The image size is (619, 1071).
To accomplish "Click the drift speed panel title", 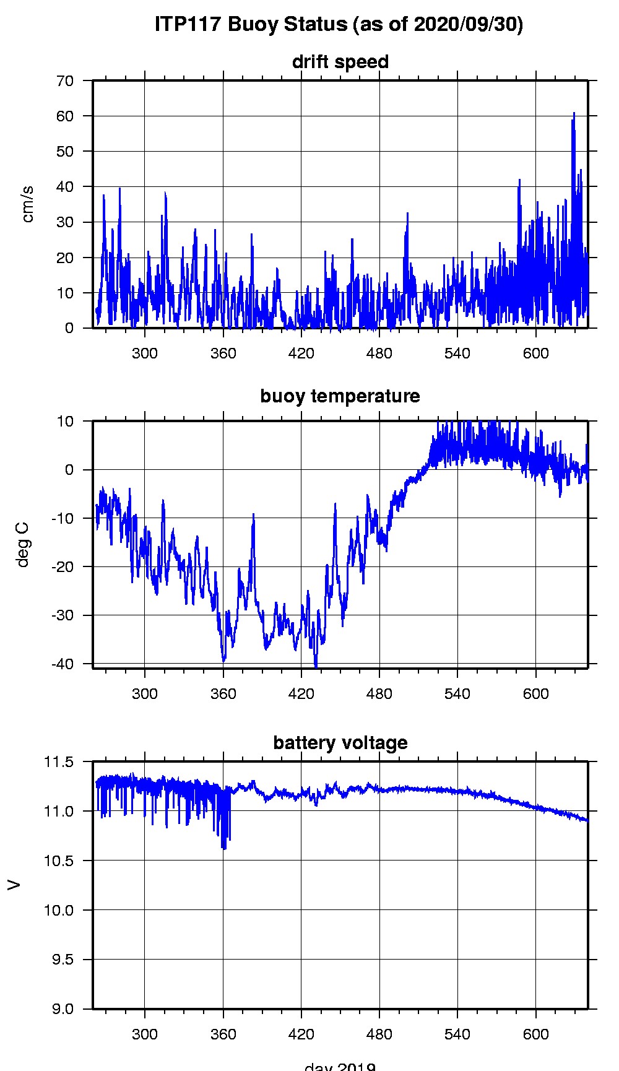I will pyautogui.click(x=340, y=62).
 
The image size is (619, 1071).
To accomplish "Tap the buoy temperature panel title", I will pyautogui.click(x=340, y=396).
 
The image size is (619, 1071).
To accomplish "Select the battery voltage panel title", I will pyautogui.click(x=340, y=743).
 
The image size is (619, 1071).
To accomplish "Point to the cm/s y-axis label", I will pyautogui.click(x=28, y=204).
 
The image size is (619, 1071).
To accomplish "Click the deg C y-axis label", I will pyautogui.click(x=23, y=544).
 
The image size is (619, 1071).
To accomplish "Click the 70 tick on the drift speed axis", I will pyautogui.click(x=65, y=80).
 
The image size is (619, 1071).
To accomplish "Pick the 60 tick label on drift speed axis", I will pyautogui.click(x=65, y=116).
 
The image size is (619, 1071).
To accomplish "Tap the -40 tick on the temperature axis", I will pyautogui.click(x=63, y=664).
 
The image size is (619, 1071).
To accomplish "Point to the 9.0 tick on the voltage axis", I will pyautogui.click(x=61, y=1009).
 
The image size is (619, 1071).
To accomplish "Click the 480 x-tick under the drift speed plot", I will pyautogui.click(x=379, y=353).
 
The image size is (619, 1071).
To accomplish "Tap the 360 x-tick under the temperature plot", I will pyautogui.click(x=223, y=694).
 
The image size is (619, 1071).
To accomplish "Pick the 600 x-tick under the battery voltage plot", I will pyautogui.click(x=535, y=1034).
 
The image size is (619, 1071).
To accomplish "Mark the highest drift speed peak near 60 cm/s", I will pyautogui.click(x=574, y=114).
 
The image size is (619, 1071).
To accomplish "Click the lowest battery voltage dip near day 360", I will pyautogui.click(x=224, y=848).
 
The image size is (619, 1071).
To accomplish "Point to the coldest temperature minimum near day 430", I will pyautogui.click(x=316, y=667).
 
